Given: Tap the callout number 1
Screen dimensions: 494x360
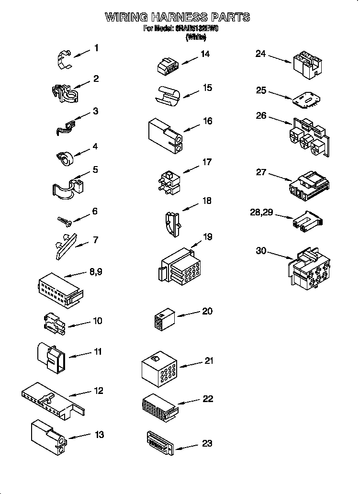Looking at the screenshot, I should [96, 48].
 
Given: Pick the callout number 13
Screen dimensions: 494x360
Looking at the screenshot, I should [99, 435].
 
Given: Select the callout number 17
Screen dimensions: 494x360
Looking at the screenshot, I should [206, 162].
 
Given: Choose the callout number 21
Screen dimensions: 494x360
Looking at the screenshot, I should [208, 360].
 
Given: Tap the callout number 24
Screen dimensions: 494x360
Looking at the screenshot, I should [260, 54].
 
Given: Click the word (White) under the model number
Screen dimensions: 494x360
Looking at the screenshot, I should [195, 37].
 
